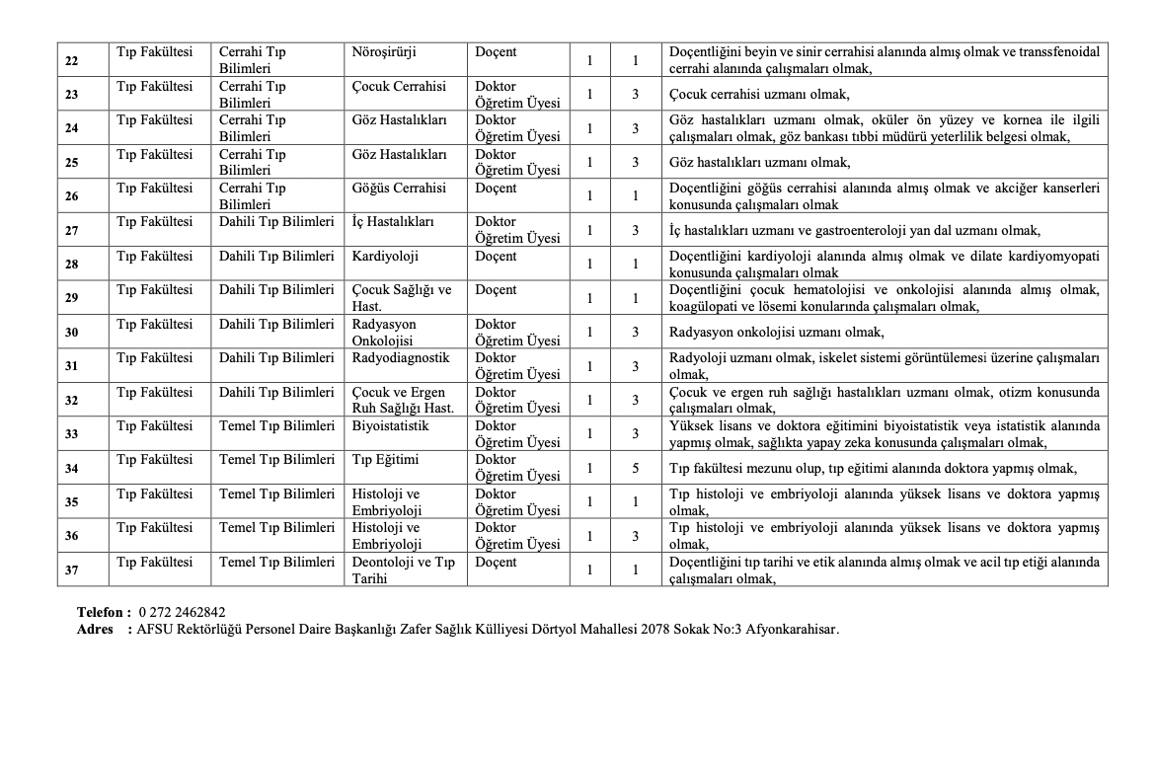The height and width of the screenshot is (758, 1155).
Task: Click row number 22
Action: click(x=72, y=60)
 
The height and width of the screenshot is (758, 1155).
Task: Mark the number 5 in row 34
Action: click(x=636, y=468)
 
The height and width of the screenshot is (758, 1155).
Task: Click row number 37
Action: click(x=72, y=569)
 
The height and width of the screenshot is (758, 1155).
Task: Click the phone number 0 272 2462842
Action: click(x=182, y=612)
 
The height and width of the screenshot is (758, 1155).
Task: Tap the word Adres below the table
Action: click(x=97, y=629)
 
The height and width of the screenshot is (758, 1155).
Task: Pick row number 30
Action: click(x=72, y=332)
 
